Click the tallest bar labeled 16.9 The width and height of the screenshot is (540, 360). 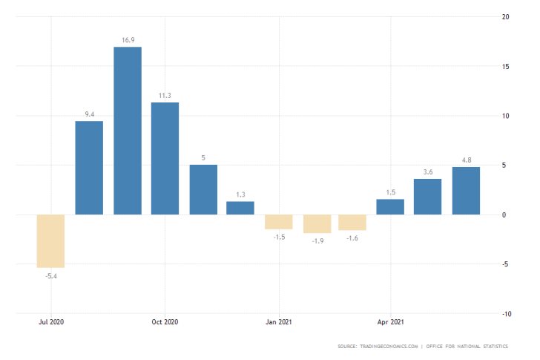click(127, 131)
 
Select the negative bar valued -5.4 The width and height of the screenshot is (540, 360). click(51, 240)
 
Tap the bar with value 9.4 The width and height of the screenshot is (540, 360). click(89, 168)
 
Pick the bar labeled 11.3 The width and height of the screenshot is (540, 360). click(165, 158)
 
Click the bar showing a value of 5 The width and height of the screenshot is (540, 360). click(202, 189)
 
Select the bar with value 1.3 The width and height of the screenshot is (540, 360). click(240, 208)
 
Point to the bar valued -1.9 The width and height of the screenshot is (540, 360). click(317, 223)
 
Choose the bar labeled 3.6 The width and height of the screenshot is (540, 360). click(427, 197)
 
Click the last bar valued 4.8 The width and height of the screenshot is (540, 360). click(466, 191)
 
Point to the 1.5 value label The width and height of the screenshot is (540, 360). click(390, 192)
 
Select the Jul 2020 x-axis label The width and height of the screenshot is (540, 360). click(51, 322)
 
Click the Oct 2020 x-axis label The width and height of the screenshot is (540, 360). click(165, 322)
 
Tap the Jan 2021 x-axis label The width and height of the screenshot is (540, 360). click(279, 322)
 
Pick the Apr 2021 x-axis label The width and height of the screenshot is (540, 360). click(390, 322)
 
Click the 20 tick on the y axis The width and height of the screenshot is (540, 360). click(504, 17)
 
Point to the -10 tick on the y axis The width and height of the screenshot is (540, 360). click(505, 314)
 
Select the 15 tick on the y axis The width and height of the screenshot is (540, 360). click(504, 67)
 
